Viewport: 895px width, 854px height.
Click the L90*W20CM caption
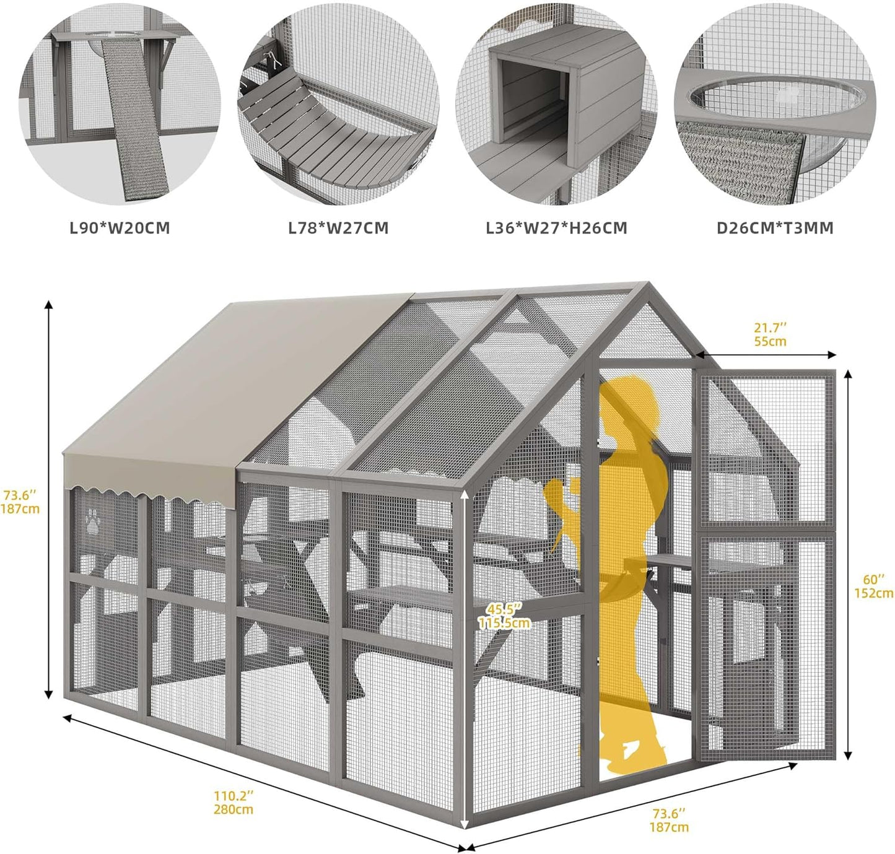click(x=120, y=228)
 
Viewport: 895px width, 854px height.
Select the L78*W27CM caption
click(x=338, y=228)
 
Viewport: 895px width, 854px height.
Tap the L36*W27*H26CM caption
click(x=556, y=228)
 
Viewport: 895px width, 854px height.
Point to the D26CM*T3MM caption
click(x=775, y=228)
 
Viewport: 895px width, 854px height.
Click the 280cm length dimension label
click(x=234, y=809)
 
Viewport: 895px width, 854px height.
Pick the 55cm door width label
click(x=770, y=341)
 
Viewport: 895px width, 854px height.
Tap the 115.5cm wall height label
click(x=504, y=622)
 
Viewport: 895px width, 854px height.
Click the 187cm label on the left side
click(x=20, y=508)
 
